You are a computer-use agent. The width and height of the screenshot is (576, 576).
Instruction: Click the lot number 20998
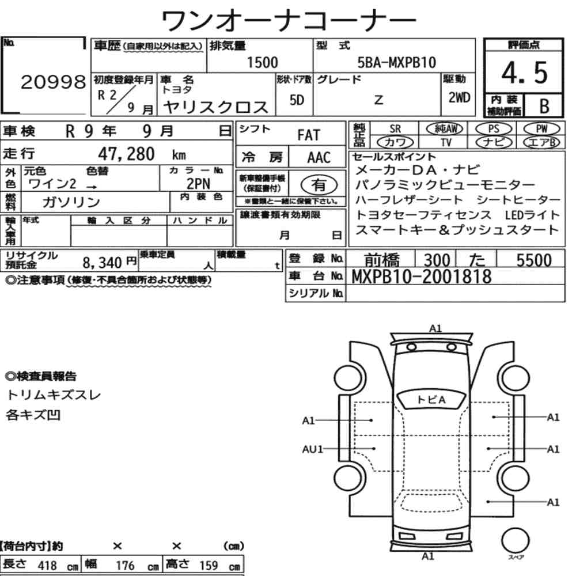tap(53, 84)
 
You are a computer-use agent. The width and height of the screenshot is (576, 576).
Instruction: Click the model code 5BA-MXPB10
tap(397, 62)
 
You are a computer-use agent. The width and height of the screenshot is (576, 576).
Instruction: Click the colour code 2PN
tap(198, 184)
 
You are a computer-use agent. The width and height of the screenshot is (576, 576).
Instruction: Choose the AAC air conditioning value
tap(318, 157)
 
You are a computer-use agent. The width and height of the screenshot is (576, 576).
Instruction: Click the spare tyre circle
tap(512, 541)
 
